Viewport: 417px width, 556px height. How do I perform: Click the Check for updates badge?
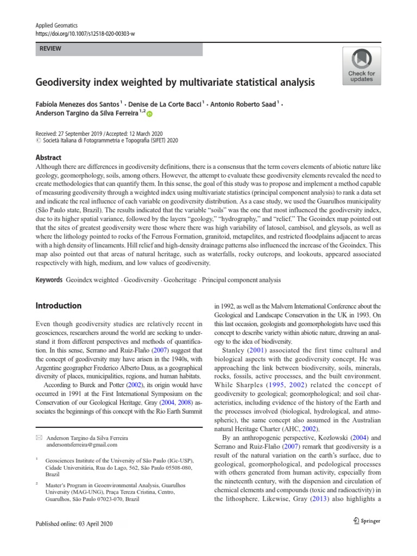pyautogui.click(x=361, y=66)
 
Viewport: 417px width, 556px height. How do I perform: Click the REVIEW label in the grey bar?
pyautogui.click(x=50, y=49)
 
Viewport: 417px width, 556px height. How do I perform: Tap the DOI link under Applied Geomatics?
pyautogui.click(x=85, y=34)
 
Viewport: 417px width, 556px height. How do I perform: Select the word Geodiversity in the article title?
pyautogui.click(x=66, y=83)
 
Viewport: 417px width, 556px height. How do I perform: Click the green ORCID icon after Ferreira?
pyautogui.click(x=150, y=114)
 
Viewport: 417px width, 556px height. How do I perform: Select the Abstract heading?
pyautogui.click(x=48, y=157)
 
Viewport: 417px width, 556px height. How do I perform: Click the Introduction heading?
pyautogui.click(x=59, y=306)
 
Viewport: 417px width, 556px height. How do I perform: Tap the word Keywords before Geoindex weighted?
pyautogui.click(x=49, y=280)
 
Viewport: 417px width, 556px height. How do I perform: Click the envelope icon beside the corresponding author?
pyautogui.click(x=38, y=437)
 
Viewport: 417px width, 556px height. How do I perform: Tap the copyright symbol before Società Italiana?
pyautogui.click(x=37, y=140)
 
